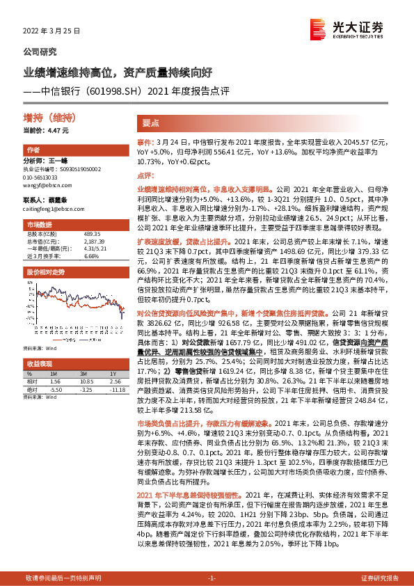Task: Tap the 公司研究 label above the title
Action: click(40, 52)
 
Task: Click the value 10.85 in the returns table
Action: click(87, 382)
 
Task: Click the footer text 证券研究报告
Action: click(380, 578)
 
